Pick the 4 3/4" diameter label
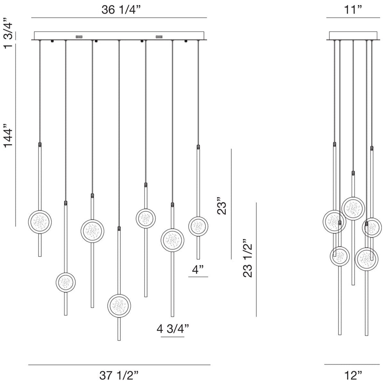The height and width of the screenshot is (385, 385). click(x=173, y=329)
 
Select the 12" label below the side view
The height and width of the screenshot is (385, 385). click(x=353, y=376)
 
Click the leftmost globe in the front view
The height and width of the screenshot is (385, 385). click(x=40, y=222)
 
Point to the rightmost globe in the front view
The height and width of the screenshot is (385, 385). click(x=198, y=226)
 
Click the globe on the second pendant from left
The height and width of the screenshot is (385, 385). click(x=65, y=281)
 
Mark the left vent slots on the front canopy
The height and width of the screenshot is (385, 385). click(x=79, y=36)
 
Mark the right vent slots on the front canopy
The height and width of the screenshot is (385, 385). click(x=159, y=36)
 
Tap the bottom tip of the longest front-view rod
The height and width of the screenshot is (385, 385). click(x=119, y=340)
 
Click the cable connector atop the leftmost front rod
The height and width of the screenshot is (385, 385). click(x=40, y=144)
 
